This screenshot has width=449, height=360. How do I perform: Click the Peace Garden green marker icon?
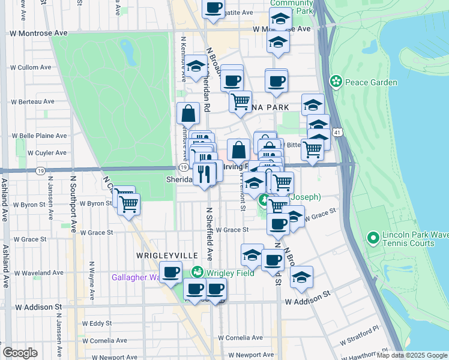click(x=336, y=80)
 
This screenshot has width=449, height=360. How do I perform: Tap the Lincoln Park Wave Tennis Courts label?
click(x=409, y=239)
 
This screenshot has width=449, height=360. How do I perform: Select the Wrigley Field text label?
click(x=230, y=273)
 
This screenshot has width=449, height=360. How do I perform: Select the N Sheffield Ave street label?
click(x=210, y=234)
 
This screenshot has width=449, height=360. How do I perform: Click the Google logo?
click(x=20, y=353)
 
